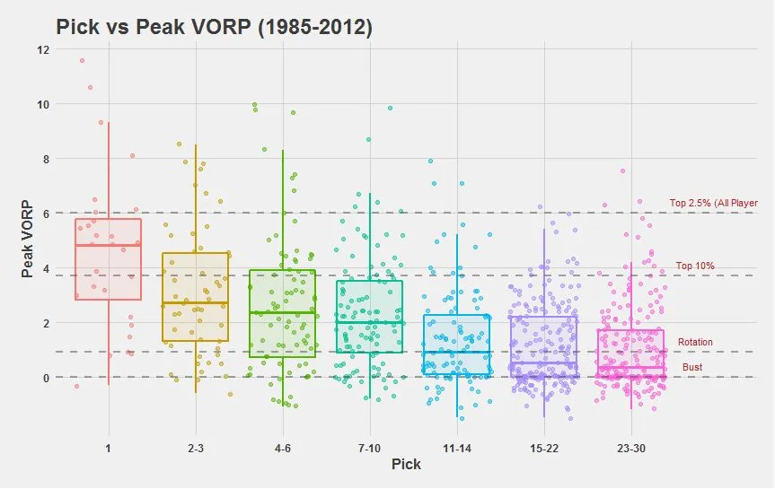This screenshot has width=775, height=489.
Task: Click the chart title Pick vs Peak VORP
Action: click(x=214, y=27)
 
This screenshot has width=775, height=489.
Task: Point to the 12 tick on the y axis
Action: click(x=43, y=49)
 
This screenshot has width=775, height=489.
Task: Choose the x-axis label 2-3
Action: click(x=196, y=447)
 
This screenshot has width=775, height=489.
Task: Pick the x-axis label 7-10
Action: click(x=369, y=447)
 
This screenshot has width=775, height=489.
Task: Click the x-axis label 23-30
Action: click(x=630, y=447)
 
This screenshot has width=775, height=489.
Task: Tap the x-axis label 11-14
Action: click(x=456, y=447)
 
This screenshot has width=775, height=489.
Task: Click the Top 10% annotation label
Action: click(x=695, y=266)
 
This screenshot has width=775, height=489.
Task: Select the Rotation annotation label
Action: click(x=695, y=343)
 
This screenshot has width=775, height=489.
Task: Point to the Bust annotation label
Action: click(x=692, y=368)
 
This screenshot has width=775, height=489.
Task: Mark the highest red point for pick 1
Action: click(x=82, y=61)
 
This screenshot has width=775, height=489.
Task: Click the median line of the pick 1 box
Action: click(x=109, y=245)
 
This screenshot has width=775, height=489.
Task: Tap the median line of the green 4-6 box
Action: click(x=282, y=312)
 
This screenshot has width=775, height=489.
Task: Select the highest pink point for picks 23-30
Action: click(x=622, y=170)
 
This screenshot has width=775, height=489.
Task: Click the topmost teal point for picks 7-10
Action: click(x=390, y=109)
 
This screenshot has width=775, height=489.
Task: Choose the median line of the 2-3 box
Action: click(x=196, y=303)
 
